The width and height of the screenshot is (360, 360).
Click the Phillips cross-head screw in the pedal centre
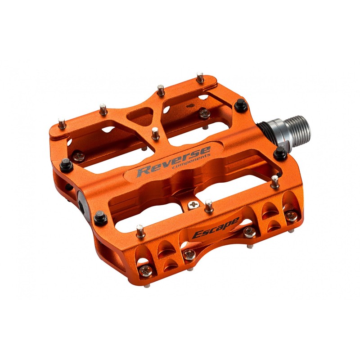pos(194,205)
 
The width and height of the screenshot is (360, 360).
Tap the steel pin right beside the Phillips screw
pos(208,206)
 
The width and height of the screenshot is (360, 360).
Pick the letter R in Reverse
pos(144,171)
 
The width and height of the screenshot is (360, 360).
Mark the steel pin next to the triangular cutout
pos(155,133)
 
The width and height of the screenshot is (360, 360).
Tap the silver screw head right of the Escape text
pos(249,232)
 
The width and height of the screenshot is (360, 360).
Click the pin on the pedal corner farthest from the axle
pos(62,123)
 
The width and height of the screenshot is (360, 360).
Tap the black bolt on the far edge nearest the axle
pos(241,105)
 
